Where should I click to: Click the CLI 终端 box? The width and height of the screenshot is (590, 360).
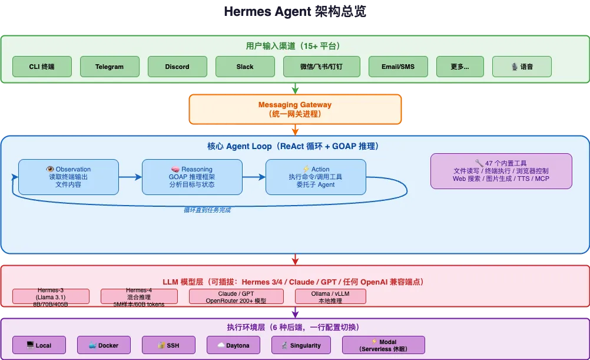[x=42, y=67]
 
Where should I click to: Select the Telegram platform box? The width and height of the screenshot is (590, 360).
[x=110, y=67]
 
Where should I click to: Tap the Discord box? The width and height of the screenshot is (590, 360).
[x=177, y=67]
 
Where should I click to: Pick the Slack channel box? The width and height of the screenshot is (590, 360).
[x=245, y=67]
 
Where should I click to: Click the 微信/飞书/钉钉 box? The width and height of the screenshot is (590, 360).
[x=321, y=67]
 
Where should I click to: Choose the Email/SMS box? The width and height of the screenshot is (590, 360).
[x=398, y=67]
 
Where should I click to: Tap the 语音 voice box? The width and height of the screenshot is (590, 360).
[x=522, y=67]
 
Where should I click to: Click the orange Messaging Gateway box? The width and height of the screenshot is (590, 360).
[x=295, y=109]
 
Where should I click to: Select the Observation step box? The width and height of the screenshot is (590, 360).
[x=68, y=177]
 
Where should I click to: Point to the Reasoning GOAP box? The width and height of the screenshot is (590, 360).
[x=192, y=177]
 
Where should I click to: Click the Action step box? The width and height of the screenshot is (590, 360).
[x=316, y=177]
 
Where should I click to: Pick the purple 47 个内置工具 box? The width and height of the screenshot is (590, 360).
[x=501, y=171]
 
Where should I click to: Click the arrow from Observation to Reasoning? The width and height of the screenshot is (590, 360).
[x=130, y=177]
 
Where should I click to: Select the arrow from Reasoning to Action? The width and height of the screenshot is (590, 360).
[x=254, y=177]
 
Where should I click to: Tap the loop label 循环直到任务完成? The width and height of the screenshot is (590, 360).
[x=207, y=209]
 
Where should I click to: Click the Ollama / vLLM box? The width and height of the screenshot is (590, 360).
[x=330, y=296]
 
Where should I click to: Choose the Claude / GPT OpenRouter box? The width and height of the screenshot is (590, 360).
[x=236, y=296]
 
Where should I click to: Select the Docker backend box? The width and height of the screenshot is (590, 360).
[x=104, y=345]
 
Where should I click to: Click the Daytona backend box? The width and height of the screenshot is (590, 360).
[x=233, y=345]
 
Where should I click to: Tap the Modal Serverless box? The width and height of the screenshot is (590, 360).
[x=383, y=345]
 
